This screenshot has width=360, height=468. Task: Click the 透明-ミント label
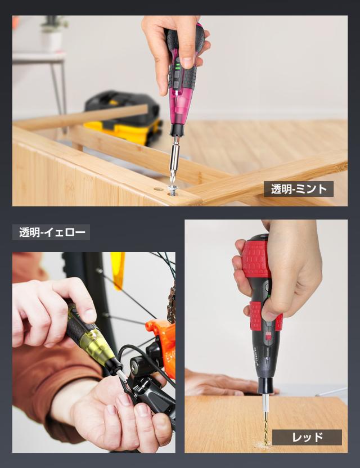pyautogui.click(x=299, y=189)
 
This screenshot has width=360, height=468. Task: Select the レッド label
pyautogui.click(x=307, y=437)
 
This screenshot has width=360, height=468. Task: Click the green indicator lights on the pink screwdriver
pyautogui.click(x=176, y=72)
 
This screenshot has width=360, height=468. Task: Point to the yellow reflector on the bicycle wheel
pyautogui.click(x=117, y=269)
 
